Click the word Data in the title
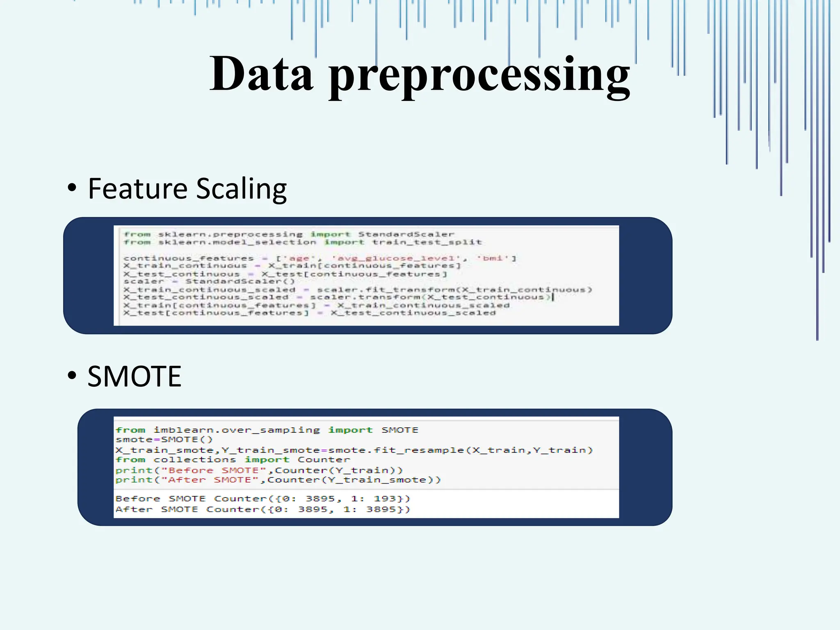point(261,74)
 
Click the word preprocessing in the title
point(479,76)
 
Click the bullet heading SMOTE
point(134,376)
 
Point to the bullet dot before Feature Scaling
point(72,188)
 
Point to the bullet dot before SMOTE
point(72,375)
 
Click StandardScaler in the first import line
point(406,234)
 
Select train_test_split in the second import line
point(427,242)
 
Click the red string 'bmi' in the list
point(493,258)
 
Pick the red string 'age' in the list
point(299,258)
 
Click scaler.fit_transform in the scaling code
point(386,290)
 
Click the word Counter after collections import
point(324,460)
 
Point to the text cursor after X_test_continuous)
point(553,297)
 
